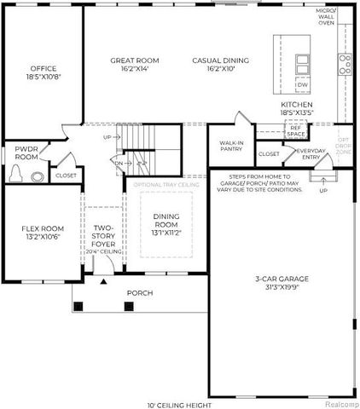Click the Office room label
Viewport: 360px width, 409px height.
tap(43, 72)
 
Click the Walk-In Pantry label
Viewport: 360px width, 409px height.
tap(232, 146)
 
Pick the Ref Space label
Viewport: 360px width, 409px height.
tap(296, 132)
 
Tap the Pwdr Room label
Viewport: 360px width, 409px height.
tap(26, 153)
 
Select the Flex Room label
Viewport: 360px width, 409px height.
tap(40, 232)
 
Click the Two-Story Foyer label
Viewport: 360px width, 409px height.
tap(103, 236)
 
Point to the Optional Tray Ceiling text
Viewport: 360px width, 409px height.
tap(166, 184)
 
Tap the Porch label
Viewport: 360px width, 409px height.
tap(139, 293)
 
